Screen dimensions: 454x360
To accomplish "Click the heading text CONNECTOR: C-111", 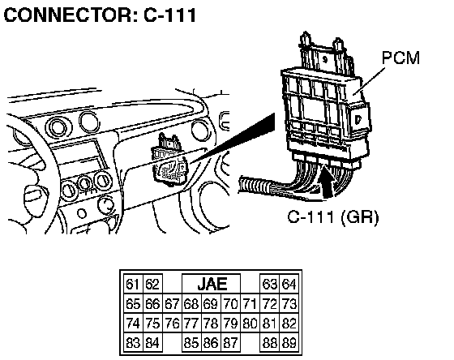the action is (x=101, y=15).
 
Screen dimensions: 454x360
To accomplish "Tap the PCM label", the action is (x=400, y=58).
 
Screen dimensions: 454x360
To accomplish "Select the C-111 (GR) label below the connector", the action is (x=333, y=216).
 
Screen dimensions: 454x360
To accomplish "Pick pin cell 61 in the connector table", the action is (x=133, y=284).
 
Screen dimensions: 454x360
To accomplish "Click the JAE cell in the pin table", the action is (x=212, y=284).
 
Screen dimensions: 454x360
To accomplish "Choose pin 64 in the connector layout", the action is (x=289, y=284).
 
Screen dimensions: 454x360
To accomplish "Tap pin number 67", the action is (x=172, y=304).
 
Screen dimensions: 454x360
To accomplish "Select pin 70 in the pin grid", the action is (x=230, y=304).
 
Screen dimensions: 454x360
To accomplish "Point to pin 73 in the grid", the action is (x=289, y=304).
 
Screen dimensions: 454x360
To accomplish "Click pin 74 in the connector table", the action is (x=133, y=324).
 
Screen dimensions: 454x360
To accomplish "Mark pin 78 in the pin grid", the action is (x=211, y=324).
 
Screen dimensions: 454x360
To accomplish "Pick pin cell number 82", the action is (x=289, y=324).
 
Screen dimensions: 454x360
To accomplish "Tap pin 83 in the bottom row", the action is (x=133, y=343).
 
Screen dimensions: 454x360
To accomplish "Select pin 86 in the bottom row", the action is (x=211, y=343).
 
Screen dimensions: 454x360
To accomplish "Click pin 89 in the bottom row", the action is (x=289, y=343).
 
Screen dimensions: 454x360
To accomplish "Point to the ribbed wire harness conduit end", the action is (x=253, y=186).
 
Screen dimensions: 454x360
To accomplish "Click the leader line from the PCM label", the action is (x=371, y=81).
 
